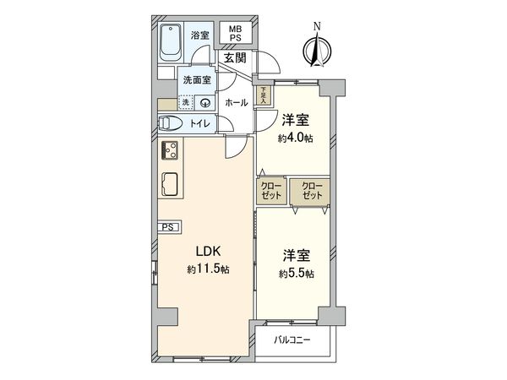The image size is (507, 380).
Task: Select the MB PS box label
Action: (232, 34)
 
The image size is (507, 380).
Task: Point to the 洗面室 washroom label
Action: (196, 80)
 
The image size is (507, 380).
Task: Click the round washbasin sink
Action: (204, 103)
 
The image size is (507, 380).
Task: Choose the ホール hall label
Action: (237, 103)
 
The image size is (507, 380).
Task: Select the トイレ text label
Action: (199, 123)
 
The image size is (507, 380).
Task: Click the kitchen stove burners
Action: (169, 150)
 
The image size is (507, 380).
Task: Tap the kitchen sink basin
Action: (169, 183)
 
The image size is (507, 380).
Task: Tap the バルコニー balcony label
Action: (292, 339)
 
